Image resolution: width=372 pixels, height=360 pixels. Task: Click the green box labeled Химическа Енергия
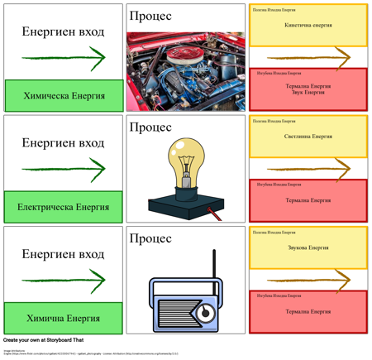(64, 96)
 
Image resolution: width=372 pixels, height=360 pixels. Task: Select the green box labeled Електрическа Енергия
(63, 207)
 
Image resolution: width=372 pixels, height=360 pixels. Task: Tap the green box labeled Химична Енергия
(63, 318)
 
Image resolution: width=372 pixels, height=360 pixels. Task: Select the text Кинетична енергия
(308, 26)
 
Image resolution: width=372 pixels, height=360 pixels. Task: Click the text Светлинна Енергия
(308, 137)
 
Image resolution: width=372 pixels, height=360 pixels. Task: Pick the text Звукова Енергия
(308, 247)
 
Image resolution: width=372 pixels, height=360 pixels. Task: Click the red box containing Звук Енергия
(308, 89)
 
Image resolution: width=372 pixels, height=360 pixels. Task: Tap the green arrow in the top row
(64, 58)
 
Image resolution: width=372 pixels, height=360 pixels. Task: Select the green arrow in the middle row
(64, 169)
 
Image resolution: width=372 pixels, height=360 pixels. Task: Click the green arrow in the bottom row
(64, 280)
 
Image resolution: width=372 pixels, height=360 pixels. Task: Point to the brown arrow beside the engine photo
(308, 57)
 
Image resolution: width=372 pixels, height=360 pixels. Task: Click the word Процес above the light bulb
(150, 127)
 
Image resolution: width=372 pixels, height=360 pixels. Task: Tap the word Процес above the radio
(150, 238)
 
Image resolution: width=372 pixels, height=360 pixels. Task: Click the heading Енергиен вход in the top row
(63, 32)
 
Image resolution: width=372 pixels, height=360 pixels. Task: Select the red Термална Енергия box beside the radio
(308, 312)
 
